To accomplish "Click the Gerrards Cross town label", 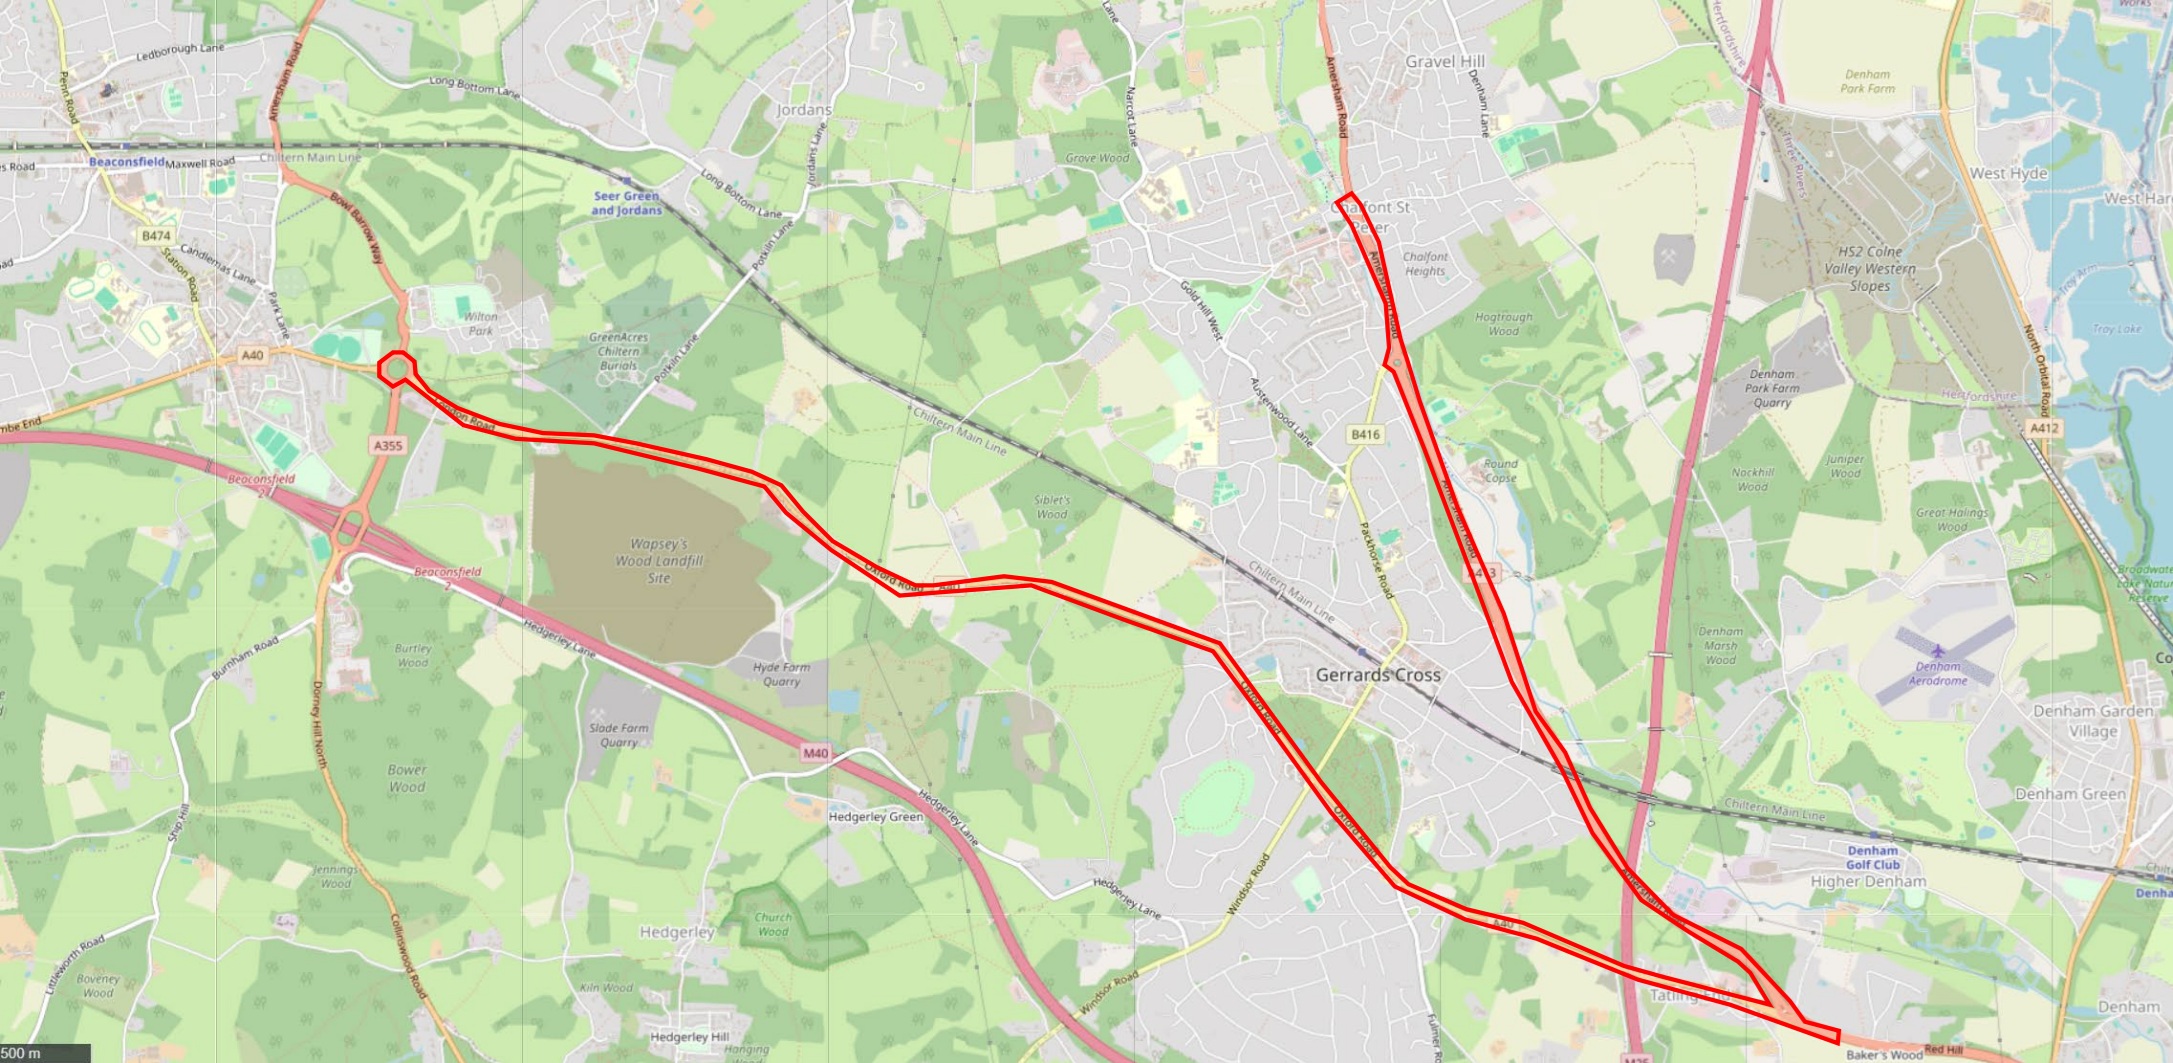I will [x=1378, y=675].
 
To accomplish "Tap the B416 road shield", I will [x=1365, y=434].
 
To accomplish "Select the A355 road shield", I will [x=388, y=445].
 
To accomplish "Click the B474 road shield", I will [x=156, y=236].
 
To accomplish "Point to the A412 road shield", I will [x=2044, y=428].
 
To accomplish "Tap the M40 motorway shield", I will [x=815, y=753].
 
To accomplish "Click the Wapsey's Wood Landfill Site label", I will [x=658, y=561].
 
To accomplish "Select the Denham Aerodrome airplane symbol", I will [x=1938, y=651].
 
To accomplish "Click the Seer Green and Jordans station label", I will [x=626, y=203].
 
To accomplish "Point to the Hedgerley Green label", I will [x=875, y=816].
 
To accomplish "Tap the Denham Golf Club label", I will [x=1872, y=857].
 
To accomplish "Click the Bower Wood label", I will [x=407, y=778].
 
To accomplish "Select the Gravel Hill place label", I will [x=1445, y=61].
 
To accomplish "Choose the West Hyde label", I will [x=2008, y=173].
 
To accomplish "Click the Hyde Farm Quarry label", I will [x=781, y=674].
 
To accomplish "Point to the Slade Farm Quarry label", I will [x=618, y=735].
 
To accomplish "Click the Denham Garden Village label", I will [x=2093, y=720].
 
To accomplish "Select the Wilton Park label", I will [x=481, y=323].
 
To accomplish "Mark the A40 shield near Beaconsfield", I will [x=252, y=355].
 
